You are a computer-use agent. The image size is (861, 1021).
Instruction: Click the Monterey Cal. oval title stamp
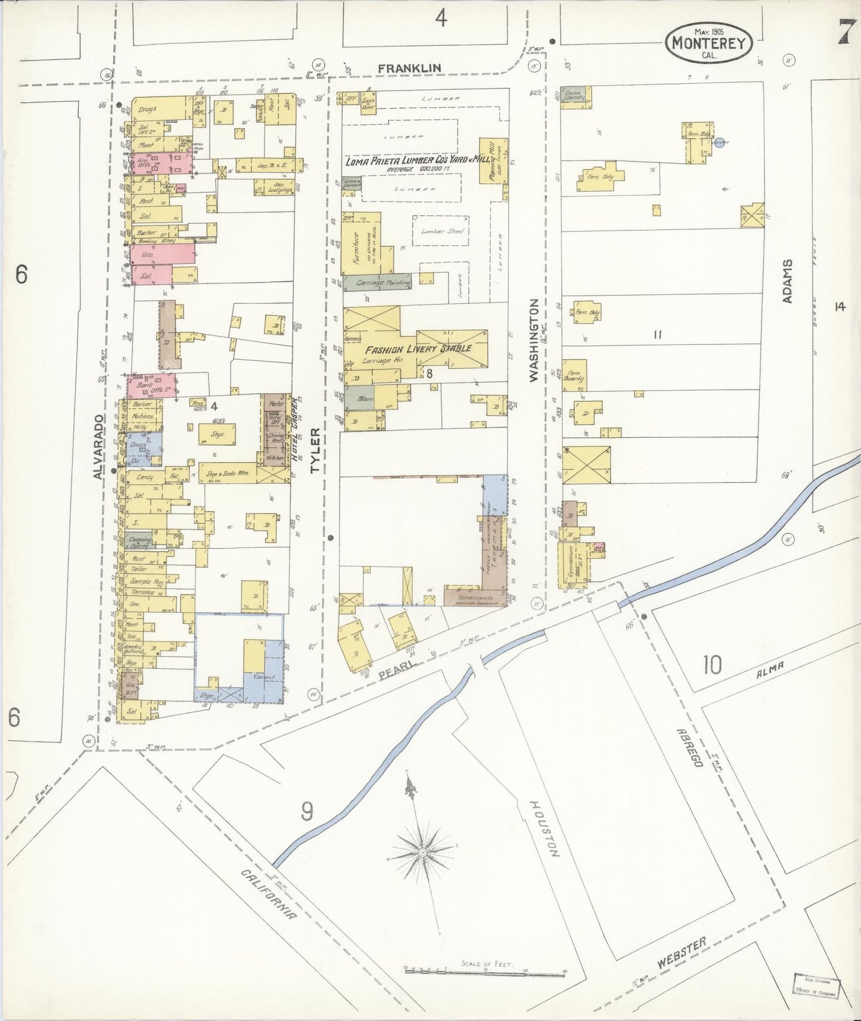708,43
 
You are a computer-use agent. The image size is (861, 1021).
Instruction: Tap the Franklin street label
410,68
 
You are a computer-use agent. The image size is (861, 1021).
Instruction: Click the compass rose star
422,853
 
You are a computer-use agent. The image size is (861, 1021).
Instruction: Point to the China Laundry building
576,95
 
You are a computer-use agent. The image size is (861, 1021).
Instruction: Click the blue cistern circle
720,142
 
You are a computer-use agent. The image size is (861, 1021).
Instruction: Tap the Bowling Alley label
157,241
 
